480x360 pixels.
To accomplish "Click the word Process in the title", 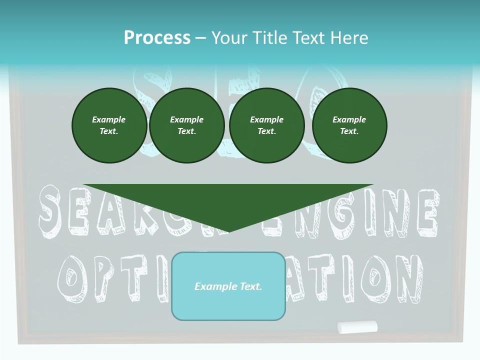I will coord(157,38).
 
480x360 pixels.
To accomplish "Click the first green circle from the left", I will coord(109,125).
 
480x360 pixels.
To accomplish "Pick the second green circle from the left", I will coord(187,125).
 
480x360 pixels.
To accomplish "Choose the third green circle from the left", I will coord(267,125).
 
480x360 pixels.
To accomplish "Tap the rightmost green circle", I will coord(349,125).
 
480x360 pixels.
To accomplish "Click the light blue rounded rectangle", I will coord(228,286).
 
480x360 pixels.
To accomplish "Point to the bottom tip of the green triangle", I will coord(228,231).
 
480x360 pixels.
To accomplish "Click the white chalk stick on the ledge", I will coord(357,327).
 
